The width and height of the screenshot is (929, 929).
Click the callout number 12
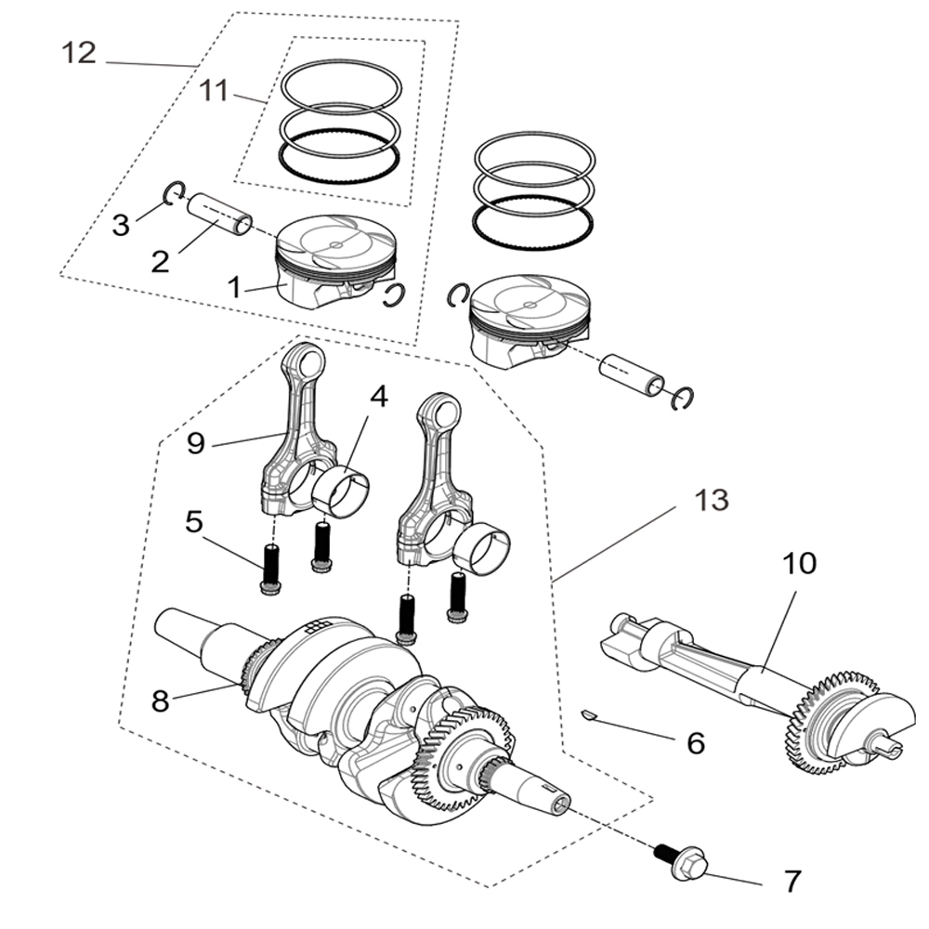[79, 53]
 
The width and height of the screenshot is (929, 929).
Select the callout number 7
[792, 881]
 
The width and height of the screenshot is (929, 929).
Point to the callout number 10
[798, 563]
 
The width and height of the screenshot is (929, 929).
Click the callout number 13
[713, 501]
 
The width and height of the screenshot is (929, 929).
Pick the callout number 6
[695, 742]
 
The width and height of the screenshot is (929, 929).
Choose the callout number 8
[161, 700]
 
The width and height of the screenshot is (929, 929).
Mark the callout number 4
[377, 397]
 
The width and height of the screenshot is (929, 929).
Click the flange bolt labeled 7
[684, 864]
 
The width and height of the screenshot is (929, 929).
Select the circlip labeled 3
[174, 193]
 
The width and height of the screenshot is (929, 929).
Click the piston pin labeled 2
[219, 215]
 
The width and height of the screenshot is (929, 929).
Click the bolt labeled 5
[270, 569]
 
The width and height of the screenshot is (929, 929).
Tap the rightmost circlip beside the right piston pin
[684, 398]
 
